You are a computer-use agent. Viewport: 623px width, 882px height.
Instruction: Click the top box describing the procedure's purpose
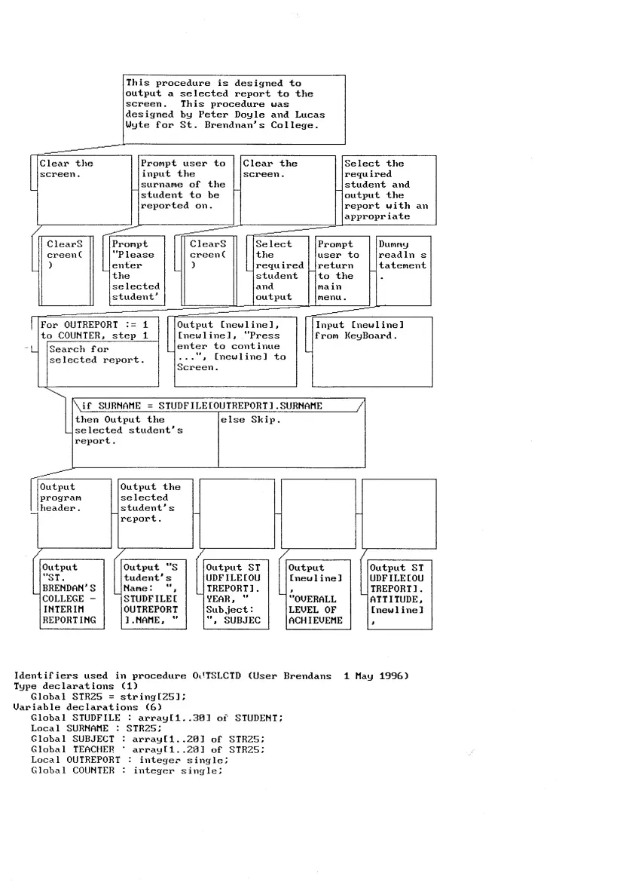[x=234, y=109]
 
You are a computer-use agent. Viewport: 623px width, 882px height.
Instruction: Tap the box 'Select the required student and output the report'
[x=389, y=189]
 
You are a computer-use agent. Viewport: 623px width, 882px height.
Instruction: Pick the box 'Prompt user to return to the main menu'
[x=342, y=270]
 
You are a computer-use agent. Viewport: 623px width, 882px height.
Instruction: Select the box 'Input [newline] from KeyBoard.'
[x=372, y=351]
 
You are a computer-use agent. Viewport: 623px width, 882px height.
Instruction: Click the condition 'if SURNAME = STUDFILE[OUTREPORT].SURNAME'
[x=218, y=406]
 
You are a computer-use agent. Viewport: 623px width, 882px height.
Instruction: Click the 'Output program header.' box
[x=69, y=513]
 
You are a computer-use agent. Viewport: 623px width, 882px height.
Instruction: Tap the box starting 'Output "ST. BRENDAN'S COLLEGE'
[x=69, y=594]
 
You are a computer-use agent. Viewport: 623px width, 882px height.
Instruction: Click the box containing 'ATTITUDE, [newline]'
[x=399, y=594]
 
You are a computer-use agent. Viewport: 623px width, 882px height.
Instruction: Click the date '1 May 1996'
[x=375, y=676]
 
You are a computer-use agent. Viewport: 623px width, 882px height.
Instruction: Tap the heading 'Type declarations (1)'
[x=65, y=686]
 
